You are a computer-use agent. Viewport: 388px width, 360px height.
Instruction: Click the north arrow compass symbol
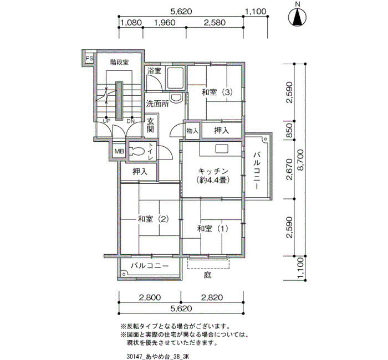coord(298,18)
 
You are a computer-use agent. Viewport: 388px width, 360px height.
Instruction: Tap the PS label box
coord(89,59)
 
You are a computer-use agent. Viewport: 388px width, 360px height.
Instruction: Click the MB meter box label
coord(119,151)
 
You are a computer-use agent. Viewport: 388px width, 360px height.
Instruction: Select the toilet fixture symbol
coord(136,151)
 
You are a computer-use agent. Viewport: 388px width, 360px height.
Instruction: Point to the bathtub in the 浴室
coord(175,78)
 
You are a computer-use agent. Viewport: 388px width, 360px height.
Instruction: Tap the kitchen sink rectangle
coord(221,149)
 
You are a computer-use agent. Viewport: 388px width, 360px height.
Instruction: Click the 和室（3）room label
coord(217,92)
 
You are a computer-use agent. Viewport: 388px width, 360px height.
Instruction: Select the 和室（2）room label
coord(154,219)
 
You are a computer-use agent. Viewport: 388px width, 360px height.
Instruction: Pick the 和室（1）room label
coord(213,229)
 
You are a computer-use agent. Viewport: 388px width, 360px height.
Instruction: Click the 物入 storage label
coord(192,131)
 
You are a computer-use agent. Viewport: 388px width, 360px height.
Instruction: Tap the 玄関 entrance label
coord(150,125)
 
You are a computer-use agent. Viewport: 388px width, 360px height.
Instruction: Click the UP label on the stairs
coord(106,121)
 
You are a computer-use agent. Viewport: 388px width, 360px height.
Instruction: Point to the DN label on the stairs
coord(130,121)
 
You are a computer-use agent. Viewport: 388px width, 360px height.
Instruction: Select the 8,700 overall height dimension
coord(300,160)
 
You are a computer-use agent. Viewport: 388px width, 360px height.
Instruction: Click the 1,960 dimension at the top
coord(165,23)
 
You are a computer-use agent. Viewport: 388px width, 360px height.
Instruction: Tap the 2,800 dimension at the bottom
coord(150,297)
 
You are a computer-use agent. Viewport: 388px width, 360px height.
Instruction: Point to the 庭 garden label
coord(208,275)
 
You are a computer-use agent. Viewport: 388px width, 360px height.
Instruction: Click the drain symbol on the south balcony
coord(124,274)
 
